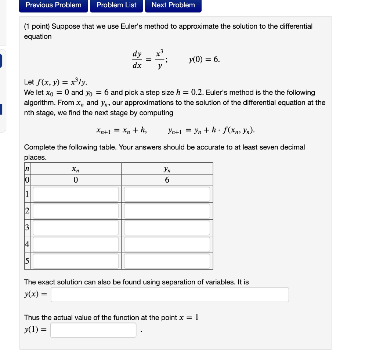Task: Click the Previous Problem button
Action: pos(54,5)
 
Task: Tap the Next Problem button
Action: pos(173,5)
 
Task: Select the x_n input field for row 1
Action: pos(76,194)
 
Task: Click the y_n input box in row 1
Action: pos(167,194)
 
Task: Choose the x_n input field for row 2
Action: pos(76,211)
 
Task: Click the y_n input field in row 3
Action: pos(167,228)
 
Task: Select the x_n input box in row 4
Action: pos(76,244)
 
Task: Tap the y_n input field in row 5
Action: pos(167,261)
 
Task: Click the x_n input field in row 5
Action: pos(76,261)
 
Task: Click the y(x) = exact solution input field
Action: pos(170,295)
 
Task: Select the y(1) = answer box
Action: pos(93,330)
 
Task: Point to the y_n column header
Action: pos(167,169)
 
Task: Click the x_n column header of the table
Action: pos(76,169)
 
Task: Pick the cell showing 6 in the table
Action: pos(167,180)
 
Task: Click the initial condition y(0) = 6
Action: pos(205,60)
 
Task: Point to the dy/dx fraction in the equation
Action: pos(137,60)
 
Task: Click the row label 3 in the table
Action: pos(27,228)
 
